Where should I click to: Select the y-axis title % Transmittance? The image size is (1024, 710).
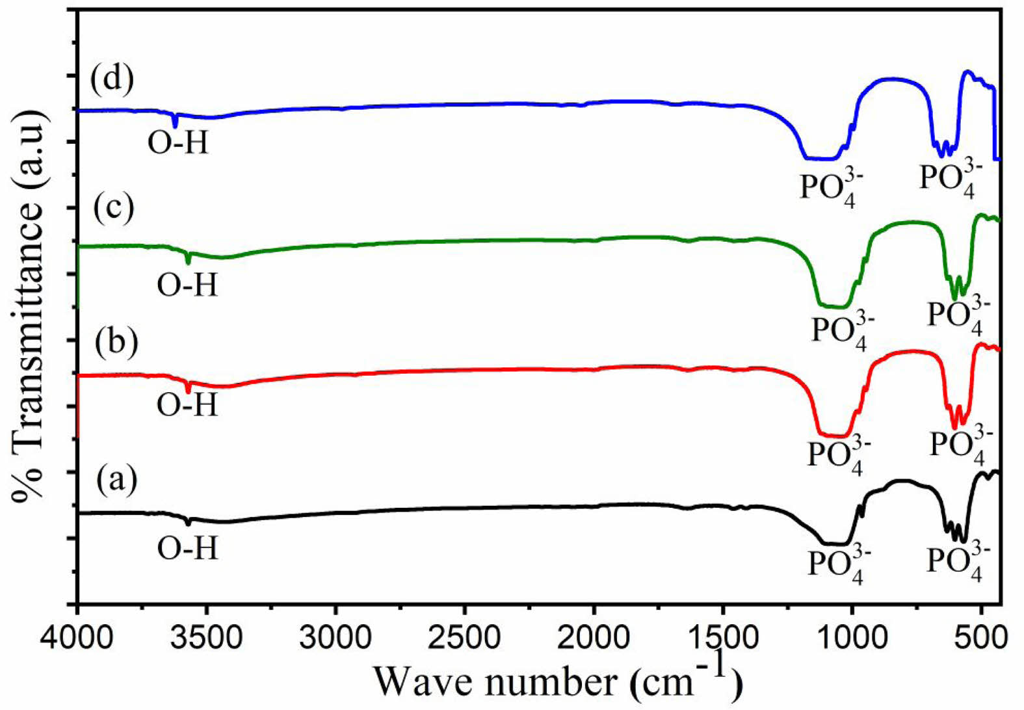click(x=29, y=306)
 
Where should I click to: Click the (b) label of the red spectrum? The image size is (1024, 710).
click(x=116, y=343)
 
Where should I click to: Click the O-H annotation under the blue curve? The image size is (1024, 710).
click(x=178, y=142)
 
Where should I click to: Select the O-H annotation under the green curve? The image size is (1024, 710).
click(x=187, y=285)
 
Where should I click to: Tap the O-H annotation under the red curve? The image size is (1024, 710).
click(x=187, y=404)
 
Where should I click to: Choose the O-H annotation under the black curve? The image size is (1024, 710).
click(x=187, y=549)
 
